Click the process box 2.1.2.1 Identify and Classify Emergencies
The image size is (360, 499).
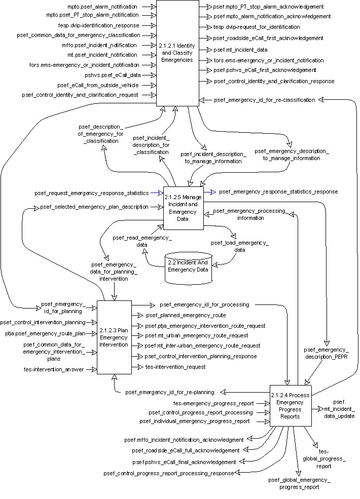176,53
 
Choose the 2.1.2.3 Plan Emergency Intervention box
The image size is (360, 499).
114,337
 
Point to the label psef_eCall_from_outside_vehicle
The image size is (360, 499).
97,85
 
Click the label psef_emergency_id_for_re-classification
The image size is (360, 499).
264,100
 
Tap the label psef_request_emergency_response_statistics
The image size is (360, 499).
92,193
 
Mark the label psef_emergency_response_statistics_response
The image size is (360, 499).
278,192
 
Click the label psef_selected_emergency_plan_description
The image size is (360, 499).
94,207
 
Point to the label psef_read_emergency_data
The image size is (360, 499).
142,241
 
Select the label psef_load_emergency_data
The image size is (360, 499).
240,246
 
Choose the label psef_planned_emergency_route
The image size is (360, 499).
186,315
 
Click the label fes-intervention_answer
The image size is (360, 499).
53,369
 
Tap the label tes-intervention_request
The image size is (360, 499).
175,367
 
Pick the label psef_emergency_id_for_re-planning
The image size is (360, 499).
169,392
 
